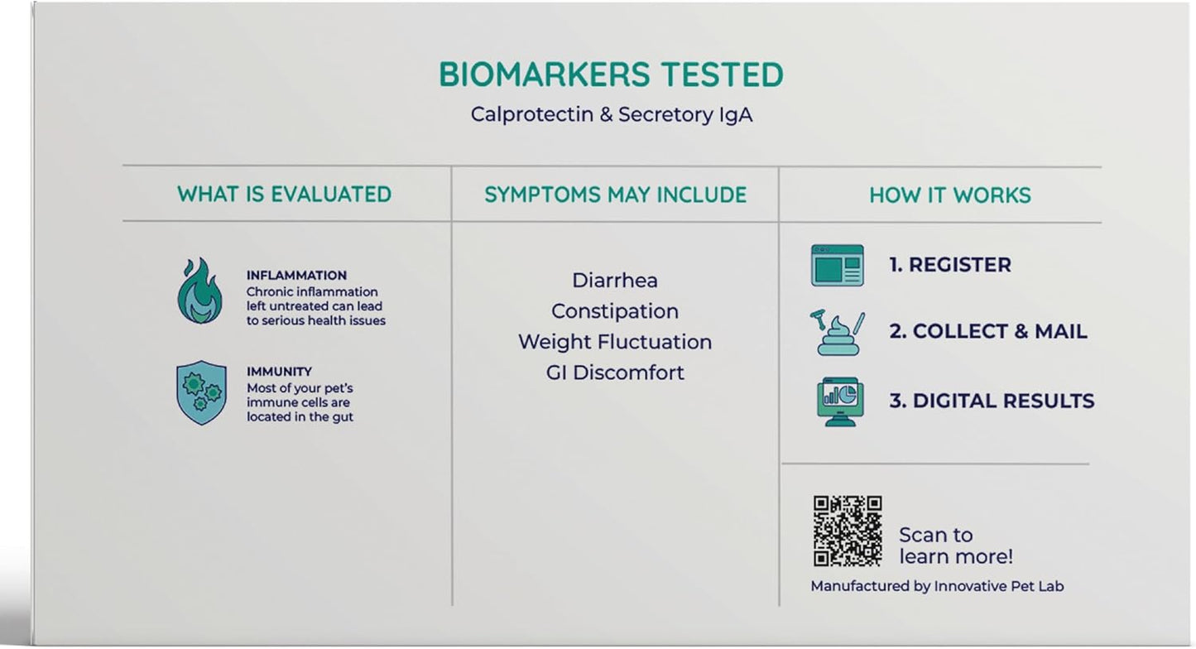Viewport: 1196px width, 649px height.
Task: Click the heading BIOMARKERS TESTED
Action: tap(611, 75)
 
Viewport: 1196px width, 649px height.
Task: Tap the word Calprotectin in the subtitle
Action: tap(532, 115)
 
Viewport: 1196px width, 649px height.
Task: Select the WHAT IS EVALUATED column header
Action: tap(284, 195)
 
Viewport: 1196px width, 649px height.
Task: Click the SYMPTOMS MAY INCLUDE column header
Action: tap(615, 195)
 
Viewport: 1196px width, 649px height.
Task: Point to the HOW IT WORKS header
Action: tap(950, 195)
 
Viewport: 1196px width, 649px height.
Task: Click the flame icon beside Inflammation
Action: tap(199, 291)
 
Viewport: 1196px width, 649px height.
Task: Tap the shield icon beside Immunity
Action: tap(201, 392)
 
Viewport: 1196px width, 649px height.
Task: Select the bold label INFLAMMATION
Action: tap(296, 276)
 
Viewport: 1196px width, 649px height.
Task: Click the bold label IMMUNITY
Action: tap(279, 372)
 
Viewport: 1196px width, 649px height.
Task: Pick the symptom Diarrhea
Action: tap(614, 281)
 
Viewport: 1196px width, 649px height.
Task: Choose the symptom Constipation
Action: tap(614, 311)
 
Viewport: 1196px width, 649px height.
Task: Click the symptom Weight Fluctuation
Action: tap(614, 342)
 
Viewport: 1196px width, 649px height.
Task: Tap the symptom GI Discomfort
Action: tap(614, 373)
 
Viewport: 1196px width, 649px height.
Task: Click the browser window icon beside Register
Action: tap(838, 266)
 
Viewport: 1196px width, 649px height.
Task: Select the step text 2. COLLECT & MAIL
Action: tap(987, 332)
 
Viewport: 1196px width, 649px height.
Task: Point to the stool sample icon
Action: tap(838, 332)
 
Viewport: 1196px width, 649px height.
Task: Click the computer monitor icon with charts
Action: tap(840, 401)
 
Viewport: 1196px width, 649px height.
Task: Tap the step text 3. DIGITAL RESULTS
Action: tap(992, 401)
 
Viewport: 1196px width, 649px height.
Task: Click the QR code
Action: tap(848, 531)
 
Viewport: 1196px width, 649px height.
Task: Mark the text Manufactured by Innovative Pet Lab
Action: tap(937, 587)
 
